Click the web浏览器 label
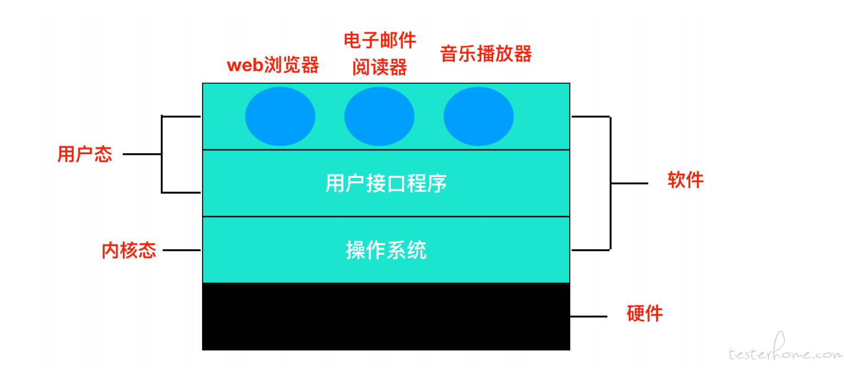coord(273,65)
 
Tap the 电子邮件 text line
coord(380,40)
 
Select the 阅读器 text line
coord(380,67)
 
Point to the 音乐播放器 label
coord(486,53)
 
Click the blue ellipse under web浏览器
coord(280,116)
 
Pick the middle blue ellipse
coord(379,116)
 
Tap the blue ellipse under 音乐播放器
coord(478,116)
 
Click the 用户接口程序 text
coord(386,183)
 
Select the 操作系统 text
coord(386,250)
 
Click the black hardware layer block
coord(386,317)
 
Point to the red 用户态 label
coord(85,154)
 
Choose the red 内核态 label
coord(129,250)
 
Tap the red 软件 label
coord(686,179)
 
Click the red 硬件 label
coord(645,313)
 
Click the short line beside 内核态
coord(182,250)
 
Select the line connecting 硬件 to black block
coord(589,317)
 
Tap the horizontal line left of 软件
coord(630,183)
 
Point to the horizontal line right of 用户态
coord(142,154)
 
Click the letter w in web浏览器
coord(234,66)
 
